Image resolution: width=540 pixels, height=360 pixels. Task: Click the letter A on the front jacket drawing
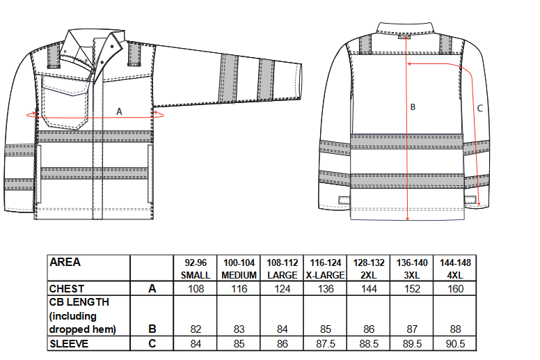[x=119, y=111]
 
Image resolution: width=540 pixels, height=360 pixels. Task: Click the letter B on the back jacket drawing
[x=413, y=107]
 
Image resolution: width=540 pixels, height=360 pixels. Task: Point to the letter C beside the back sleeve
[x=479, y=109]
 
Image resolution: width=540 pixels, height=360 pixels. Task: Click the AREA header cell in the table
[x=65, y=262]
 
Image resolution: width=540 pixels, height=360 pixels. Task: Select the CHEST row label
[x=67, y=289]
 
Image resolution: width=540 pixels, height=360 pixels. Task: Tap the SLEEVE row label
[x=69, y=343]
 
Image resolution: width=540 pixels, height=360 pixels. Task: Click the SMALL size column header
[x=196, y=275]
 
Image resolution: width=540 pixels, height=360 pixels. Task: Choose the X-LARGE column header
[x=325, y=275]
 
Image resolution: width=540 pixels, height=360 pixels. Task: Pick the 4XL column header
[x=455, y=275]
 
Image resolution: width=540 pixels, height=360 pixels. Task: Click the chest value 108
[x=196, y=289]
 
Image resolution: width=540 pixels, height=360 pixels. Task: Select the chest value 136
[x=326, y=289]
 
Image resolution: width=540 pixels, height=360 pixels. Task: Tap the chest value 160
[x=455, y=289]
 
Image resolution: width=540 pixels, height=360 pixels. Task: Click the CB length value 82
[x=196, y=329]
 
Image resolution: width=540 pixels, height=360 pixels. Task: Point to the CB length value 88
[x=455, y=329]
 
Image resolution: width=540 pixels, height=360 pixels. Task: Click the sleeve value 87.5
[x=326, y=344]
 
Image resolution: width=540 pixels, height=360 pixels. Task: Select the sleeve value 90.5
[x=455, y=344]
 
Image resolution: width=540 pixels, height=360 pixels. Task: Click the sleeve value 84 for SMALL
[x=196, y=344]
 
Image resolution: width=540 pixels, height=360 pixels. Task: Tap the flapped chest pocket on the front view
[x=65, y=102]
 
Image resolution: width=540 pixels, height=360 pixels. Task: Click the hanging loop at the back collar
[x=405, y=36]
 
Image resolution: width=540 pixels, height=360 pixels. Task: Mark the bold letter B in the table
[x=152, y=329]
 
